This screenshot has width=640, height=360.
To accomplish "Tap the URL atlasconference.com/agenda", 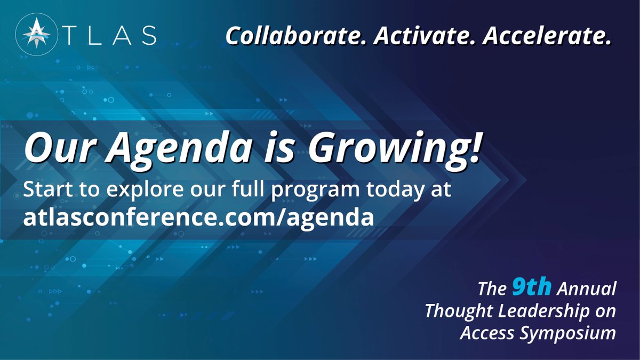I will (198, 218).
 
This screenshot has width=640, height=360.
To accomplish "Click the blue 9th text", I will (531, 288).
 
